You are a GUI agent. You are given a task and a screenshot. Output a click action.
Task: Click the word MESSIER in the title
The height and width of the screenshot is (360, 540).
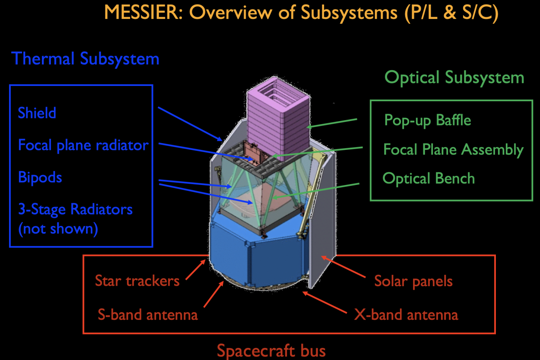coord(143,12)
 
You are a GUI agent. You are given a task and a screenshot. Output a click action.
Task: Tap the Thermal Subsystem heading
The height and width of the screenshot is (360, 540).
coord(85,58)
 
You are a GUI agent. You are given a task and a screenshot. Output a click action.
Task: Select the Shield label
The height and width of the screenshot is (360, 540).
coord(37,112)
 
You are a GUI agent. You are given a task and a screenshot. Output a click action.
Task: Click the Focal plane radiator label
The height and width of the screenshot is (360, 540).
coord(83,145)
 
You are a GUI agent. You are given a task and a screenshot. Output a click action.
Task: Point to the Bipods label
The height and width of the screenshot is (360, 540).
coord(40,177)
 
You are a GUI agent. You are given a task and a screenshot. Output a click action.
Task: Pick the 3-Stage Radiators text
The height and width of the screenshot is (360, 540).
coord(76,209)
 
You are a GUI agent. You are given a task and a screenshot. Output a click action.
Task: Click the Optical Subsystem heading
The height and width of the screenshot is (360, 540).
coord(454,78)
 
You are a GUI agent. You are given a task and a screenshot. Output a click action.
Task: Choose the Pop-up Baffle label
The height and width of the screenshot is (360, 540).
coord(427,120)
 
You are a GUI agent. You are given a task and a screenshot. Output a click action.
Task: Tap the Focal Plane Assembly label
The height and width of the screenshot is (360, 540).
coord(454,149)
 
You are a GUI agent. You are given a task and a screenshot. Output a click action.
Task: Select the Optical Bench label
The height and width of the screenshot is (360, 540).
coord(428,179)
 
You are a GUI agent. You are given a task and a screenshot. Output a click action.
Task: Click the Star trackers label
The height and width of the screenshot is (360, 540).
coord(137,281)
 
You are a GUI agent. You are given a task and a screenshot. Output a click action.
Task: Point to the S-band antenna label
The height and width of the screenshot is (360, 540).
coord(148,315)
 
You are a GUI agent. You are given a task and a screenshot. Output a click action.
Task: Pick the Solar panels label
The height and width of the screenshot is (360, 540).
coord(414,281)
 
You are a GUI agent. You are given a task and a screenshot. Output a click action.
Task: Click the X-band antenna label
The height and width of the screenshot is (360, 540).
coord(406,315)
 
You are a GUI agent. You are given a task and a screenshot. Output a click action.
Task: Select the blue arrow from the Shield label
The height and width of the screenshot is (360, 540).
coord(190,124)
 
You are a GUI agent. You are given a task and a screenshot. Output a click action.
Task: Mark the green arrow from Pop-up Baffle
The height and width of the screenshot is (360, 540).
coord(332,123)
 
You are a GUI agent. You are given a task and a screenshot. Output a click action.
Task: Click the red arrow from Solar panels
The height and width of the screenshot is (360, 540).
coord(343,267)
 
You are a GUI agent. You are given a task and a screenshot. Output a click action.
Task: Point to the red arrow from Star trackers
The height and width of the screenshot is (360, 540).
coord(196,270)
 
